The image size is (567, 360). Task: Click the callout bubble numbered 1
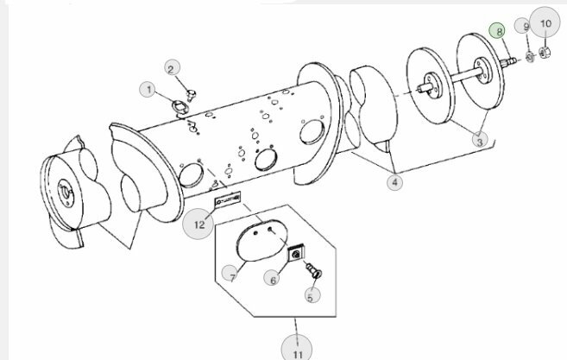tap(148, 90)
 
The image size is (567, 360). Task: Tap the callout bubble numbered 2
tap(172, 68)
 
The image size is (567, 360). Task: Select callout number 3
tap(480, 140)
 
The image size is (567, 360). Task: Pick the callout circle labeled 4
tap(394, 182)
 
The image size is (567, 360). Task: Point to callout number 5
tap(312, 294)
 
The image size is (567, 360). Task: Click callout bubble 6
tap(273, 279)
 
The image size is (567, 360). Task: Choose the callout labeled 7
tap(230, 274)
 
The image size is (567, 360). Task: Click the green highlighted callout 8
tap(498, 31)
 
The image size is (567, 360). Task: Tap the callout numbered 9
tap(525, 26)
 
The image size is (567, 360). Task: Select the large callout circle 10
tap(545, 22)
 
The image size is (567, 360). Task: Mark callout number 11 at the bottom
tap(297, 350)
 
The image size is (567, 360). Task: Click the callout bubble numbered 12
tap(198, 224)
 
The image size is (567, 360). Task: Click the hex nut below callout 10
tap(545, 53)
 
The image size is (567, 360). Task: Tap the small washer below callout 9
tap(530, 57)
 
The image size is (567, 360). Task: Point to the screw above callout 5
tap(313, 270)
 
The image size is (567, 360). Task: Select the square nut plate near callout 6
tap(297, 253)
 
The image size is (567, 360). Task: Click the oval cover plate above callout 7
tap(261, 240)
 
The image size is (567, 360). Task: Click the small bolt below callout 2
tap(191, 95)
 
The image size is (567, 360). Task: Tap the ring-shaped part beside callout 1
tap(180, 107)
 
